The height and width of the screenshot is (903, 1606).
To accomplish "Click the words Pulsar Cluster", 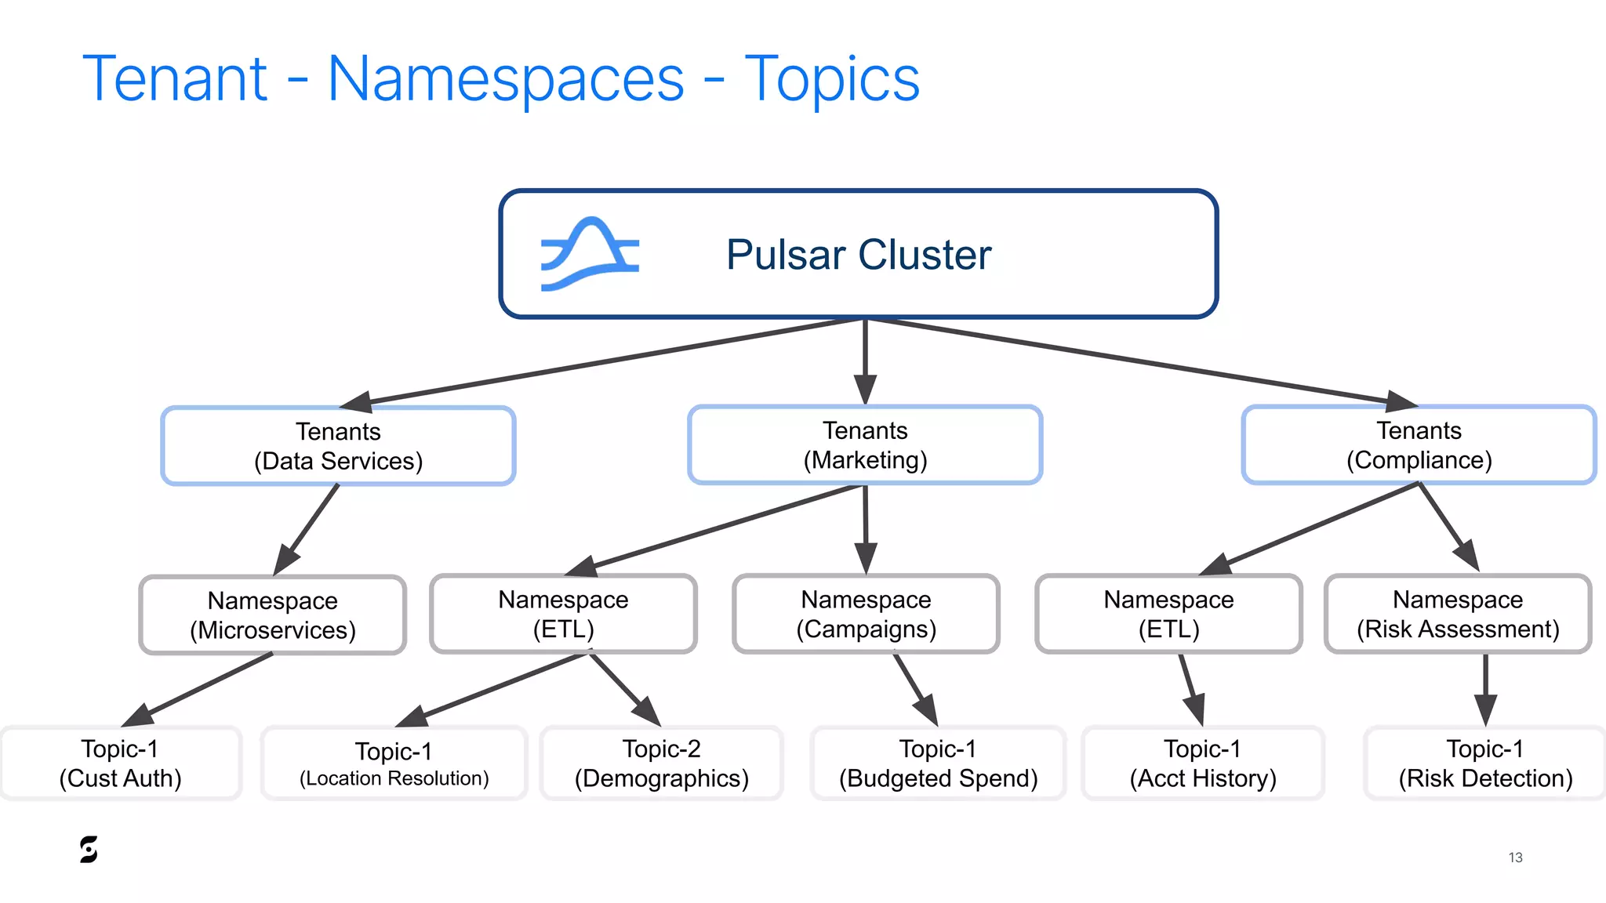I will point(859,255).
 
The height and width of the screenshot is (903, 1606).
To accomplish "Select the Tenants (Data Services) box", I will point(338,446).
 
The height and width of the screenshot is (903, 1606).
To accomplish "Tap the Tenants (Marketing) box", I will point(865,444).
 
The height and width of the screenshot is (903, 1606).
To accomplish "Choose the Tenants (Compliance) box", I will point(1419,444).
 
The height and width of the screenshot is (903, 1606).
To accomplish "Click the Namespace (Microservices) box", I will point(272,615).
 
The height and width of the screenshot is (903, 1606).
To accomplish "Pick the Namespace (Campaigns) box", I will point(866,614).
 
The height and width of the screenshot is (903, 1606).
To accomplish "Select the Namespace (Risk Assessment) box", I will point(1458,614).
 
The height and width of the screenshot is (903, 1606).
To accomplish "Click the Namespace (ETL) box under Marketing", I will point(563,614).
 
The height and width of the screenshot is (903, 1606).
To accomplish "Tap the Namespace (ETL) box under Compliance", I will point(1168,614).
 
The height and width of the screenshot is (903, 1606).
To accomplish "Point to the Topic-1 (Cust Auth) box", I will point(120,763).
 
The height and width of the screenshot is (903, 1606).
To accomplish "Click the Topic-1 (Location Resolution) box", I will point(394,763).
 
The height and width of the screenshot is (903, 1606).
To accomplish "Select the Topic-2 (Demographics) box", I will point(661,763).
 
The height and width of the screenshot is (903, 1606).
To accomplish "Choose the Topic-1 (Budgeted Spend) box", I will point(938,763).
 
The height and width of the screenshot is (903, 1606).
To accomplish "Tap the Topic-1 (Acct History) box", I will point(1203,763).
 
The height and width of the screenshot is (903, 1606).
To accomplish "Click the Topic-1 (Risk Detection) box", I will point(1485,763).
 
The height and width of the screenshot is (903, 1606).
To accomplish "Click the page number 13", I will point(1515,858).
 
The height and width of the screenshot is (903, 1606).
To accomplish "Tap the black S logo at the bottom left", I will point(89,850).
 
